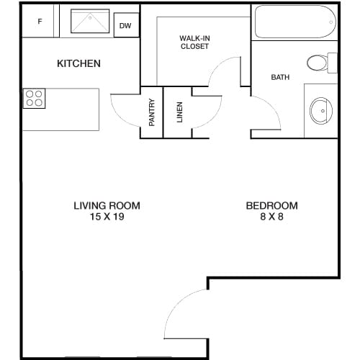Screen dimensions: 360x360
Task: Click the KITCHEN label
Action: pyautogui.click(x=78, y=63)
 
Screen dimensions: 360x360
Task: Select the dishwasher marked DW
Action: pyautogui.click(x=126, y=25)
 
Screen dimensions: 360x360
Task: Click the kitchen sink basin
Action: pyautogui.click(x=90, y=21)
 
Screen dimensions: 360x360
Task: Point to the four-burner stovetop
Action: pyautogui.click(x=34, y=98)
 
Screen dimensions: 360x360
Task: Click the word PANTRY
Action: pyautogui.click(x=152, y=112)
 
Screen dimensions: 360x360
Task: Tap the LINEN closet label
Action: pyautogui.click(x=179, y=112)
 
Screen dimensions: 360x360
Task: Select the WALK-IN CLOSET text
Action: pyautogui.click(x=194, y=42)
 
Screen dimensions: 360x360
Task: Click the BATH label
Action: pyautogui.click(x=280, y=77)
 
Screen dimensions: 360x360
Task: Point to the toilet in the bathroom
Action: pyautogui.click(x=322, y=63)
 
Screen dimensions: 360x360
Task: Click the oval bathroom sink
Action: pyautogui.click(x=321, y=111)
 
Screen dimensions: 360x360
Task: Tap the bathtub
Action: pyautogui.click(x=295, y=22)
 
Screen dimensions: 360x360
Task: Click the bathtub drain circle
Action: pyautogui.click(x=331, y=22)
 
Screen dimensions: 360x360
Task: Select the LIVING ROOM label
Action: pyautogui.click(x=107, y=206)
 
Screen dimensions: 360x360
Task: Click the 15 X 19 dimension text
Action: pyautogui.click(x=107, y=217)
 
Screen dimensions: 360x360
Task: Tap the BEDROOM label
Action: pyautogui.click(x=272, y=206)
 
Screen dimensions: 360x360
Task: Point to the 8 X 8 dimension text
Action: pyautogui.click(x=272, y=217)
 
